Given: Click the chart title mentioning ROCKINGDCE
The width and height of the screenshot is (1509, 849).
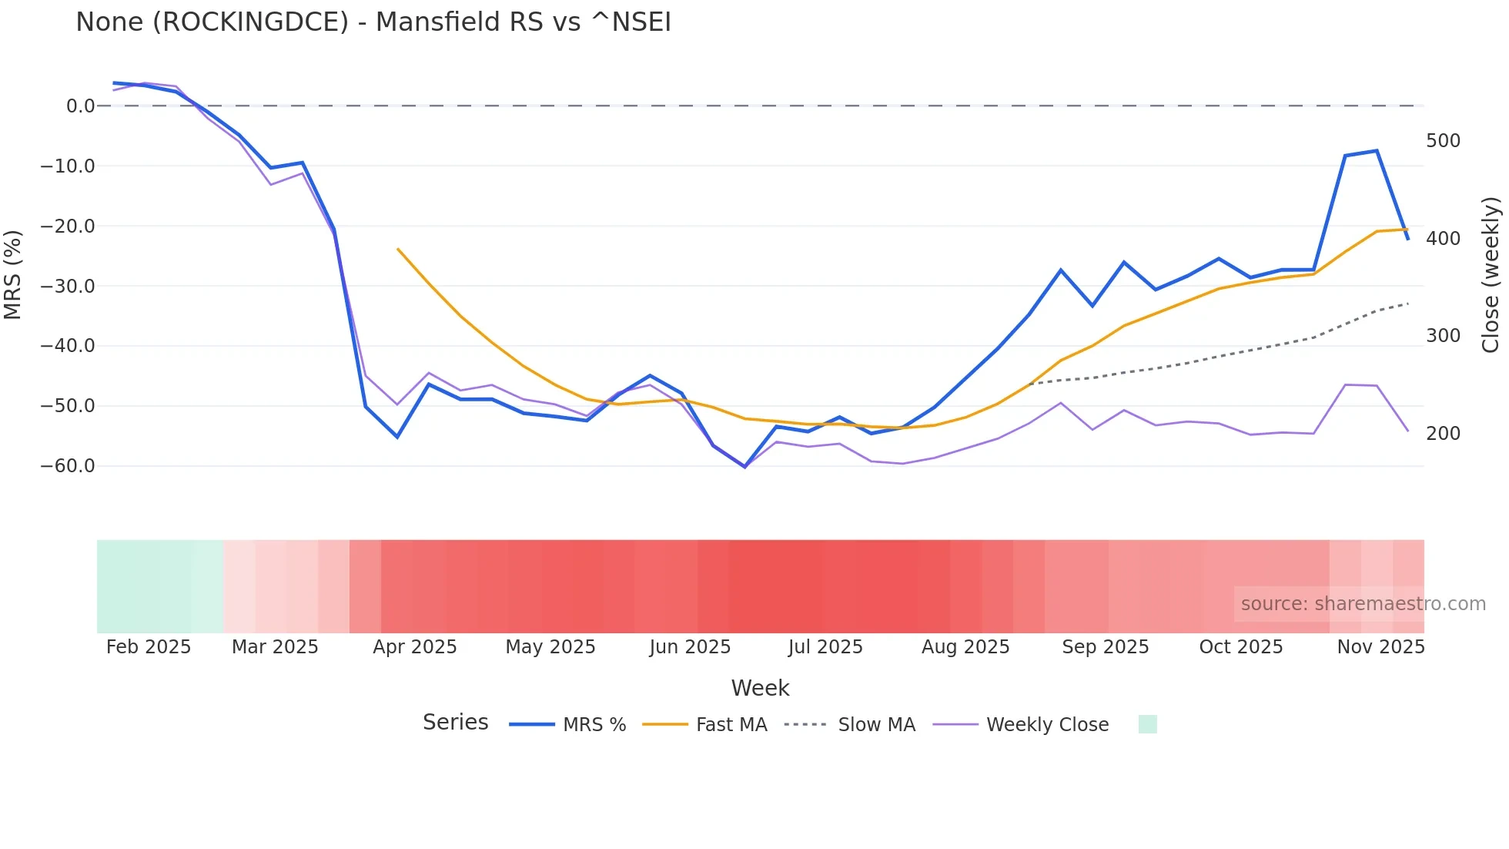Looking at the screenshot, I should pos(373,22).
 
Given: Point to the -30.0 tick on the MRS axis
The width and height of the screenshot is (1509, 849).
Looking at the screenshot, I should pos(68,287).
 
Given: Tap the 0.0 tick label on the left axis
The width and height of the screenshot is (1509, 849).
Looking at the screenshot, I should pos(80,106).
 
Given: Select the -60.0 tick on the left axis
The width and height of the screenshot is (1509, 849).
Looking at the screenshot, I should pos(68,466).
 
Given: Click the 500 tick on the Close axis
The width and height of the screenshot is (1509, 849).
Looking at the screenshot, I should pos(1443,141).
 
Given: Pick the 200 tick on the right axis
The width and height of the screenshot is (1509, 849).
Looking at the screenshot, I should pos(1443,434).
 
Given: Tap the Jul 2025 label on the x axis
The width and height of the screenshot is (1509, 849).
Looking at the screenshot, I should pos(825,647).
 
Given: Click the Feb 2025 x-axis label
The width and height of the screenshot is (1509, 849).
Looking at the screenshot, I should pos(149,647).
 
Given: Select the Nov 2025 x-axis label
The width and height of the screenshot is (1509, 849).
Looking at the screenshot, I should pos(1380,647).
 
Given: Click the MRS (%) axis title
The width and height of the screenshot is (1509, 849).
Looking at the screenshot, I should pos(13,275).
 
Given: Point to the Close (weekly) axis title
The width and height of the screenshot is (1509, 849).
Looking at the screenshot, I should pos(1491,275).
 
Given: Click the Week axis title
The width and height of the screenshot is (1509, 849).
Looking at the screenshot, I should pos(760,688).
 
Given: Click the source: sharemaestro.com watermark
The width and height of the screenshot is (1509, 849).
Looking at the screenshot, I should pos(1363,604).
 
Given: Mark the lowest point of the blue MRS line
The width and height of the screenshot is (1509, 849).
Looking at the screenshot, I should pos(744,467).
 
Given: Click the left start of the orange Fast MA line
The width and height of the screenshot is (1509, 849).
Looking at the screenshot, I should pos(398,249).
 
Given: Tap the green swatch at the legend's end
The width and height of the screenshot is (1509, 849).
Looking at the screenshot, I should pos(1147,725).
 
